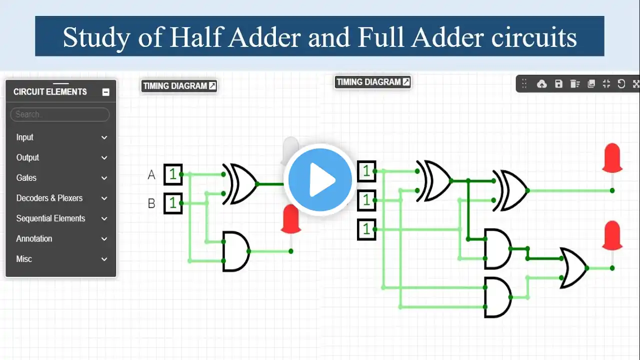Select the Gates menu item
pyautogui.click(x=26, y=178)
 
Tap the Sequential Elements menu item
pyautogui.click(x=50, y=218)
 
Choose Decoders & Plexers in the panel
pyautogui.click(x=49, y=198)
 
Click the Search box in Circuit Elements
pyautogui.click(x=59, y=114)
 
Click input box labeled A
pyautogui.click(x=173, y=174)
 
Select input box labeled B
pyautogui.click(x=173, y=203)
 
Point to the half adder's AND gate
pyautogui.click(x=235, y=251)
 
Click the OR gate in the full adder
pyautogui.click(x=573, y=268)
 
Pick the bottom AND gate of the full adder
pyautogui.click(x=497, y=297)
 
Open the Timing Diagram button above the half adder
pyautogui.click(x=179, y=86)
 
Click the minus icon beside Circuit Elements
pyautogui.click(x=105, y=92)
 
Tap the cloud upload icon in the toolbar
pyautogui.click(x=541, y=84)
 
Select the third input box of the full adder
pyautogui.click(x=366, y=229)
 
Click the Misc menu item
pyautogui.click(x=24, y=259)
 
